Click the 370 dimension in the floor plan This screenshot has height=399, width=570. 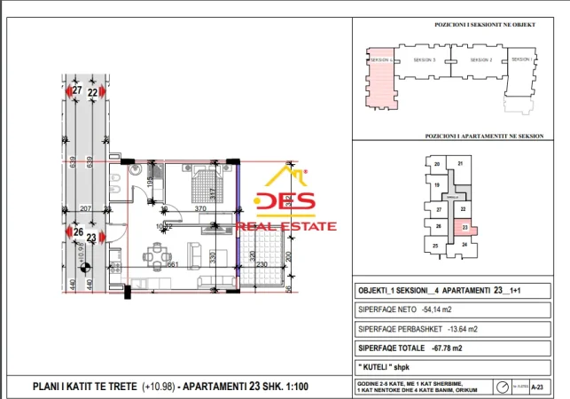point(201,208)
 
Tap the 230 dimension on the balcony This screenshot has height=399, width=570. point(262,265)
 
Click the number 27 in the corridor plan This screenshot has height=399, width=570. point(77,91)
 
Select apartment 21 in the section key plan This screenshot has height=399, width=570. point(459,164)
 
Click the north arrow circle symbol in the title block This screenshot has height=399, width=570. point(503,386)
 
